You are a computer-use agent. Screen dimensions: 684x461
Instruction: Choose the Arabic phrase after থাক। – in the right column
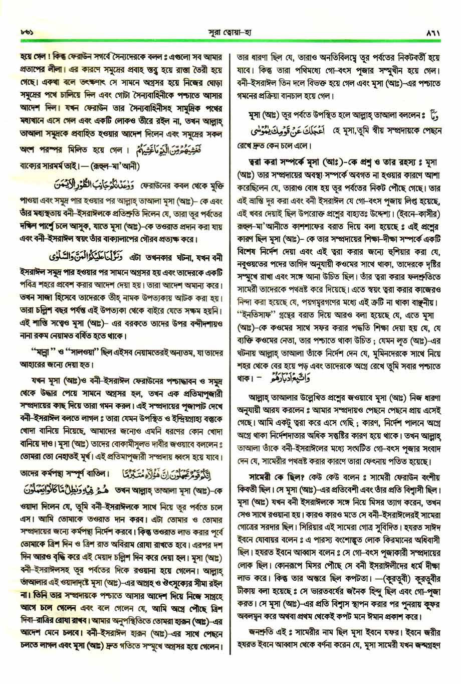click(x=297, y=389)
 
